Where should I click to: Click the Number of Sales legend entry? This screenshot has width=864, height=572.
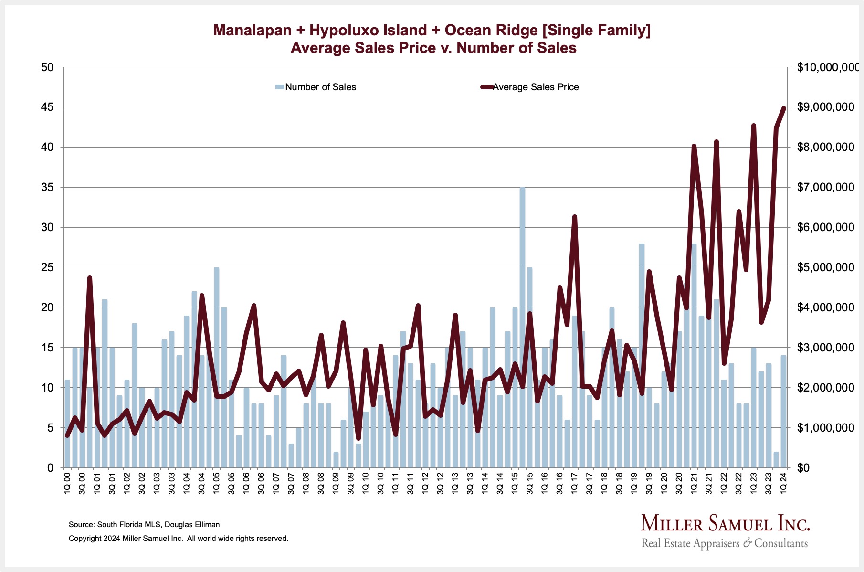pos(316,87)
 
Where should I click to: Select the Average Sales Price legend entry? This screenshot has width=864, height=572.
pos(530,87)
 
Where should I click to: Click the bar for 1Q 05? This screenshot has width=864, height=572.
pos(217,368)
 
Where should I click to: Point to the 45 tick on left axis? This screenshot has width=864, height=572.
pos(47,107)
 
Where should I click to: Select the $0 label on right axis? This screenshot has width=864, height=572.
pos(806,468)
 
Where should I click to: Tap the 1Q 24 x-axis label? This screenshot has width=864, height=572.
pos(784,484)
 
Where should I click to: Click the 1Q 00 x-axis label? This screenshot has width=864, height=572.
pos(67,484)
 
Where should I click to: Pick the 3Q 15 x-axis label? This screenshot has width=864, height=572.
pos(530,484)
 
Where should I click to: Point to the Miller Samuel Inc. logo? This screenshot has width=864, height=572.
pos(725,524)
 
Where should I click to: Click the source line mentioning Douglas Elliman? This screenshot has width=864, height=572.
pos(144,524)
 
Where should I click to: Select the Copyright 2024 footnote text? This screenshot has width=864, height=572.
pos(178,539)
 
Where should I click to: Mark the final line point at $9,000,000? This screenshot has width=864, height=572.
pos(784,108)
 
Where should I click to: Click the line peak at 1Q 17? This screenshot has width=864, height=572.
pos(575,217)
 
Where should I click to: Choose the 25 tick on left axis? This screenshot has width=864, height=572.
pos(47,267)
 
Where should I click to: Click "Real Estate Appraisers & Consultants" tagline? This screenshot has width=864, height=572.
pos(725,543)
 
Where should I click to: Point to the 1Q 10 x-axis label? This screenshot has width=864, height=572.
pos(366,484)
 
